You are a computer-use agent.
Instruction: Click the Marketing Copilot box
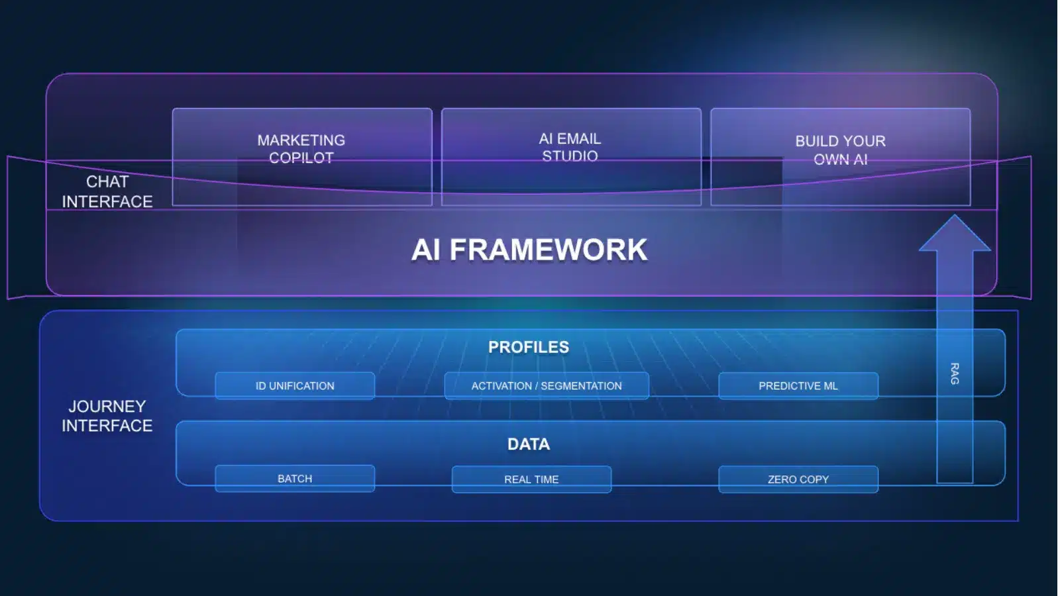302,156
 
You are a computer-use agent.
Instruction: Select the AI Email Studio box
570,156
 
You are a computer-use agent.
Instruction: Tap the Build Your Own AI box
840,156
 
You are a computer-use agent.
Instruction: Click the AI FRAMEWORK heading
529,250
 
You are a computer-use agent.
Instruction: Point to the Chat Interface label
107,191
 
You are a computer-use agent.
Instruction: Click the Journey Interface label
107,416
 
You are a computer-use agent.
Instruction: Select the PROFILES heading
529,347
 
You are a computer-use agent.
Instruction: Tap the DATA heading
529,444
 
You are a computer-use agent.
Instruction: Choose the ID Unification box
295,385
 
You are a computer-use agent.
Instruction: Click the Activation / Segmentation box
547,385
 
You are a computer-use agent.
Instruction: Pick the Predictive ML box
798,385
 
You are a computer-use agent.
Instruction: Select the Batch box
295,478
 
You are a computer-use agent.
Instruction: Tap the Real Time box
531,479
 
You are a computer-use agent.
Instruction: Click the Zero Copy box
798,479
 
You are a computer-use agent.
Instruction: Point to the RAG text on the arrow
955,373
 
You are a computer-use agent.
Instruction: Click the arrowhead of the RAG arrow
955,234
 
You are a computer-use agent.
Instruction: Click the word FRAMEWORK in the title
548,250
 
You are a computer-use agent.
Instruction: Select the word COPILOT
301,158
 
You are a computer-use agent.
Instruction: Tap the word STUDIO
570,156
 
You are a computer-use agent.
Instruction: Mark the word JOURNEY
107,406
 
